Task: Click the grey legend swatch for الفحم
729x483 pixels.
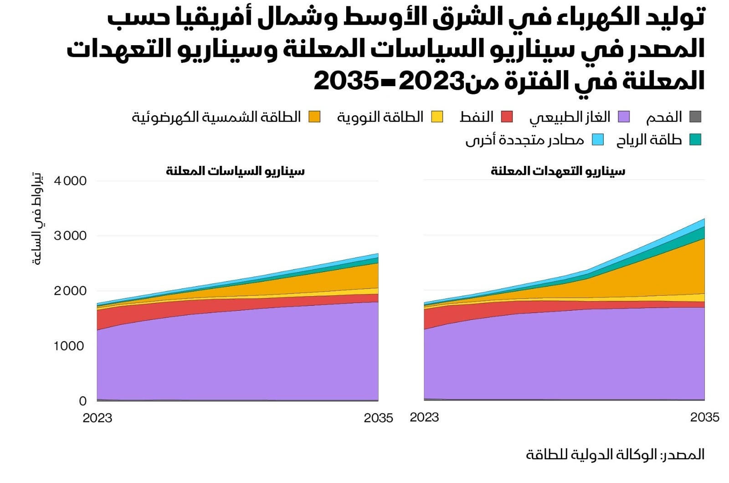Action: [x=695, y=117]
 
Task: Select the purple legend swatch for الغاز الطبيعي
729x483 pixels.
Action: [x=624, y=117]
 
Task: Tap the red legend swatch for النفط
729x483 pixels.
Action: [x=507, y=117]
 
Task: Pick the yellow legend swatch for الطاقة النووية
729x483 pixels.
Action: [x=437, y=117]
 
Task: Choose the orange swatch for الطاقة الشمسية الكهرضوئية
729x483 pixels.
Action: [x=314, y=117]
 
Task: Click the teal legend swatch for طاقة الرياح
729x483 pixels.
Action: [x=695, y=140]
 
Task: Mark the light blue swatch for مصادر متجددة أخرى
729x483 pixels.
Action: [x=598, y=140]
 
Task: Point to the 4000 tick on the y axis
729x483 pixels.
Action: [x=70, y=181]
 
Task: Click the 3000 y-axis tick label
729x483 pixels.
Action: [x=70, y=236]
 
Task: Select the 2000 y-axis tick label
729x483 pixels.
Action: [x=70, y=291]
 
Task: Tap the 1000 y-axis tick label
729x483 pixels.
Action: [x=69, y=346]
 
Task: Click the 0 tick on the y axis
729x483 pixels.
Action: [x=82, y=401]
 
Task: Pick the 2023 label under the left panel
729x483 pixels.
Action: [x=98, y=418]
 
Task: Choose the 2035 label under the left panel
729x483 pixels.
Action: [x=378, y=418]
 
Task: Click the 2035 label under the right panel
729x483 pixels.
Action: [x=704, y=417]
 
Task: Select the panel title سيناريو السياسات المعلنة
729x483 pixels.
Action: [x=235, y=171]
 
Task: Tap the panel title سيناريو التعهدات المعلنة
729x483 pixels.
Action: [x=558, y=171]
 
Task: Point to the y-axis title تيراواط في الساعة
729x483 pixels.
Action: [x=37, y=219]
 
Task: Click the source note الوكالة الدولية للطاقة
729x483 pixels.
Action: [x=615, y=454]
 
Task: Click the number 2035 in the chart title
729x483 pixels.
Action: [x=346, y=81]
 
